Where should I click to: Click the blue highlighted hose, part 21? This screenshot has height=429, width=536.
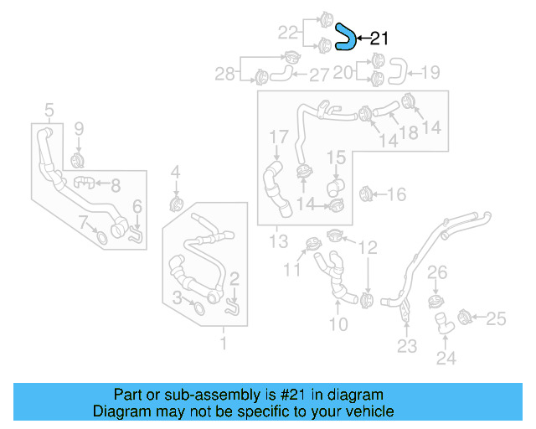344,37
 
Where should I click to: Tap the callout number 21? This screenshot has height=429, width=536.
379,38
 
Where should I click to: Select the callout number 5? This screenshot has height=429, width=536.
49,110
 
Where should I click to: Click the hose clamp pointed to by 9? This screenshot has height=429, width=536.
77,158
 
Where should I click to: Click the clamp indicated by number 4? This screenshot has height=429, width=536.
176,204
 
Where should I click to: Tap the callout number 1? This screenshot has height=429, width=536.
223,344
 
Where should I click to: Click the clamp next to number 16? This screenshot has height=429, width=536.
365,194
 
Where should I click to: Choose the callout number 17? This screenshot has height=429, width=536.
278,137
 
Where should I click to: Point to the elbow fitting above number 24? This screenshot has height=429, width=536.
441,323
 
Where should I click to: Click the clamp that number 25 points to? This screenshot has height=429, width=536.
469,317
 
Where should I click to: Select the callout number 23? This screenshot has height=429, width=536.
407,346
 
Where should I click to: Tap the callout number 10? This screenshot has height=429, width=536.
338,323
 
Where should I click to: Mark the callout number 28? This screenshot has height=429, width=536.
224,75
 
